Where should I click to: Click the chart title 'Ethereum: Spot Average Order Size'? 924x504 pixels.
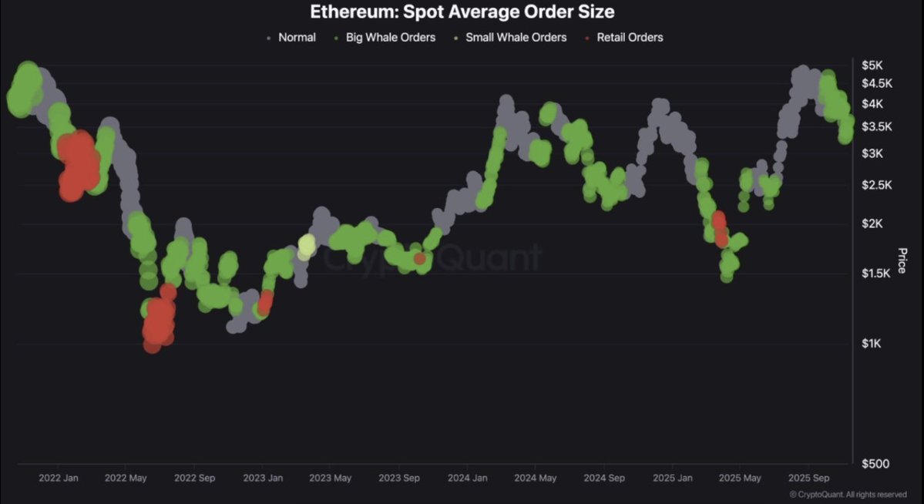(x=462, y=12)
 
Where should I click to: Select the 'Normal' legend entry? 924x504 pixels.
(x=296, y=37)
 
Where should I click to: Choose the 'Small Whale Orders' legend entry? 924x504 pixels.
(x=515, y=37)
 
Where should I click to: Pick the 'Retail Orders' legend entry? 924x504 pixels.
(x=629, y=37)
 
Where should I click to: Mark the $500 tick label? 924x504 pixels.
(x=875, y=463)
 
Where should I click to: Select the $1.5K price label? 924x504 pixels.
(x=874, y=273)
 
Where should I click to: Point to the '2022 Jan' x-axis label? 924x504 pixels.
(x=59, y=478)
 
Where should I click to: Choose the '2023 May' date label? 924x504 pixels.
(x=331, y=478)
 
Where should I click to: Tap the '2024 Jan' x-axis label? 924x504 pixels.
(x=467, y=478)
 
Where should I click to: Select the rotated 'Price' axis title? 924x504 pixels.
(x=902, y=261)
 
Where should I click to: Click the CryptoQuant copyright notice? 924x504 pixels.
(x=848, y=495)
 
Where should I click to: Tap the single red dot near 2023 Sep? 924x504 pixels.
(x=419, y=259)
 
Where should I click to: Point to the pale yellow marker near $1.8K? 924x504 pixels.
(x=307, y=246)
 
